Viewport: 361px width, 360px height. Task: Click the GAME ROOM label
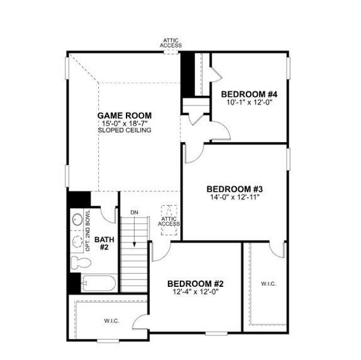(125, 115)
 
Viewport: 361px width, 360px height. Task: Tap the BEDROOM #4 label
(249, 94)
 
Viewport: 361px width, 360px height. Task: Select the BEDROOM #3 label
(234, 188)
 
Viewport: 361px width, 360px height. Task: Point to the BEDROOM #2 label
(195, 284)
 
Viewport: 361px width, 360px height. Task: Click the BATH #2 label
(103, 243)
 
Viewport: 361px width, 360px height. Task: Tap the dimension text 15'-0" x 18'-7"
(125, 123)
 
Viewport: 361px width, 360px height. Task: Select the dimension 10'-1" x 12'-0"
(249, 102)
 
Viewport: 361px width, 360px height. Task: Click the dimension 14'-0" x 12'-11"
(234, 196)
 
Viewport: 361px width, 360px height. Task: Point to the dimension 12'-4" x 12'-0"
(195, 292)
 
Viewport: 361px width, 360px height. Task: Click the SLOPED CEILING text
(125, 130)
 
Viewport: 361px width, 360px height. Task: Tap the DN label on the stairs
(134, 212)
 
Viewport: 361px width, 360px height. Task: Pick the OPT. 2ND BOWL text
(88, 231)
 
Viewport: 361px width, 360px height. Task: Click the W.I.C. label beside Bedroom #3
(268, 283)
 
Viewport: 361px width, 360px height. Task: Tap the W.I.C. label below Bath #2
(112, 321)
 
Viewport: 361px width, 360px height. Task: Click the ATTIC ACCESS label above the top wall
(171, 43)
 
